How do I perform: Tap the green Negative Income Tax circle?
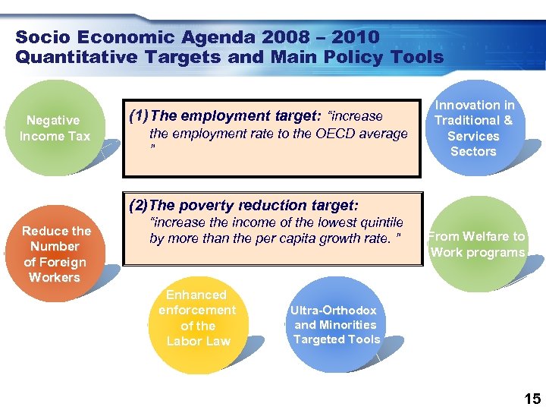click(x=55, y=128)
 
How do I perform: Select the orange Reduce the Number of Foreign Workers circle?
click(x=57, y=254)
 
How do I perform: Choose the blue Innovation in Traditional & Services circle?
click(x=473, y=128)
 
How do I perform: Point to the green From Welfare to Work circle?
click(x=477, y=244)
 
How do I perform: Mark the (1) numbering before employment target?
click(x=139, y=115)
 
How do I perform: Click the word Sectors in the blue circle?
click(x=473, y=151)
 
